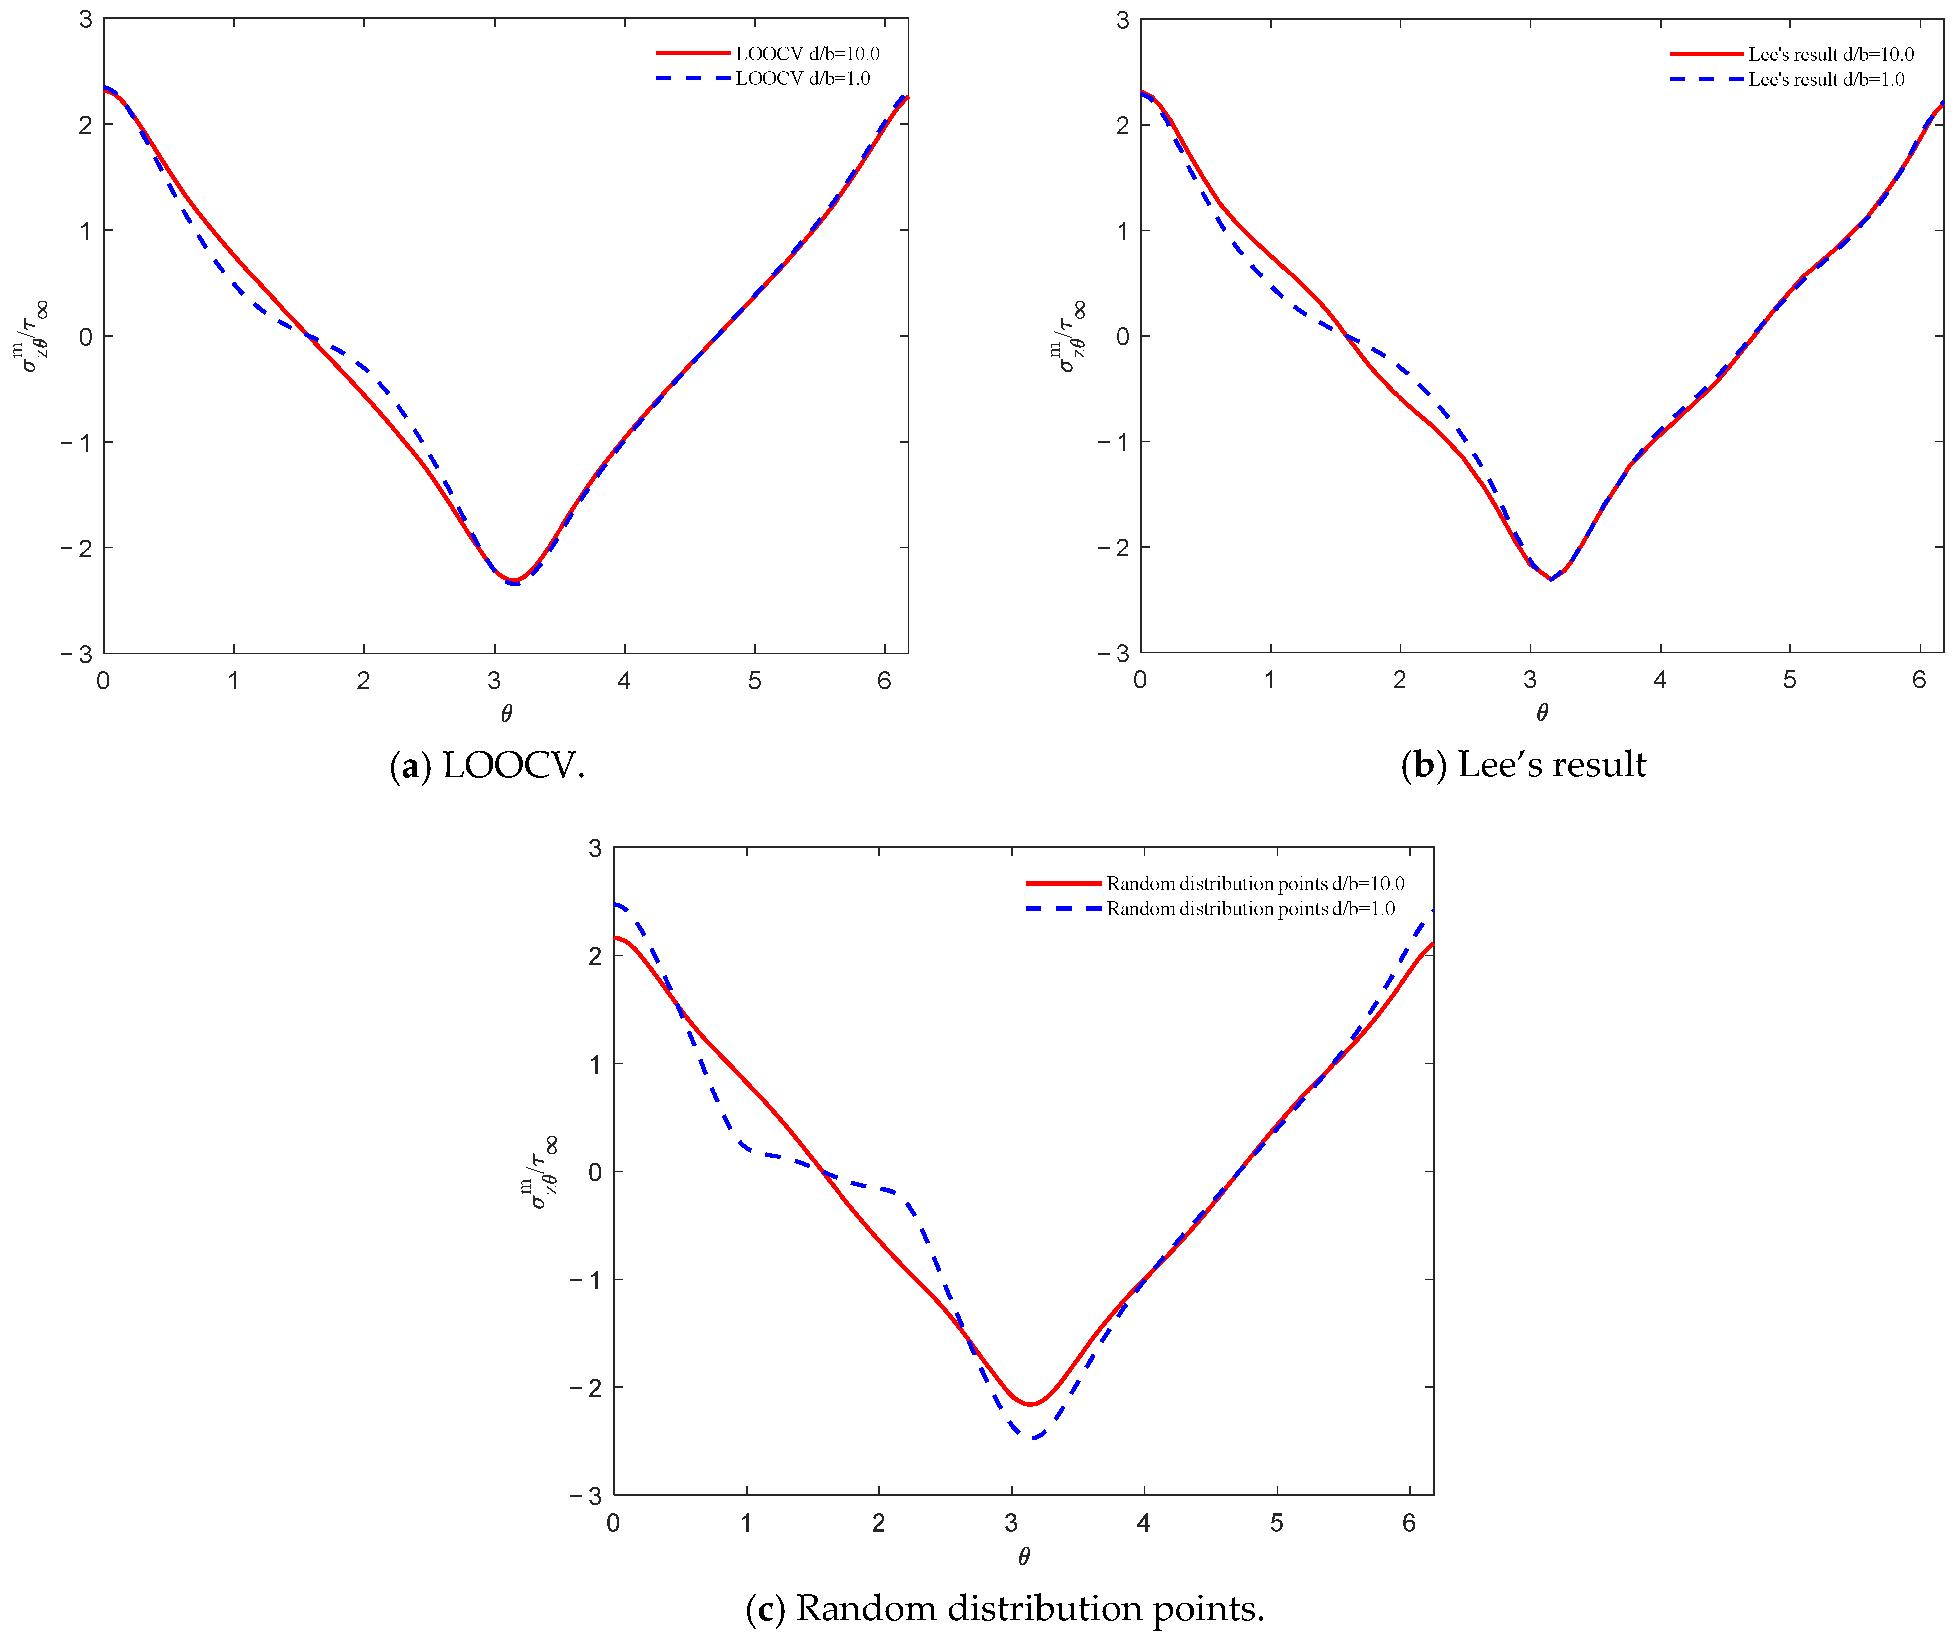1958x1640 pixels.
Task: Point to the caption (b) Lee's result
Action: [1523, 765]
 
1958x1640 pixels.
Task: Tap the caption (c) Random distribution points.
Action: [1005, 1608]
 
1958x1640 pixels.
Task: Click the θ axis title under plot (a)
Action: [506, 713]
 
